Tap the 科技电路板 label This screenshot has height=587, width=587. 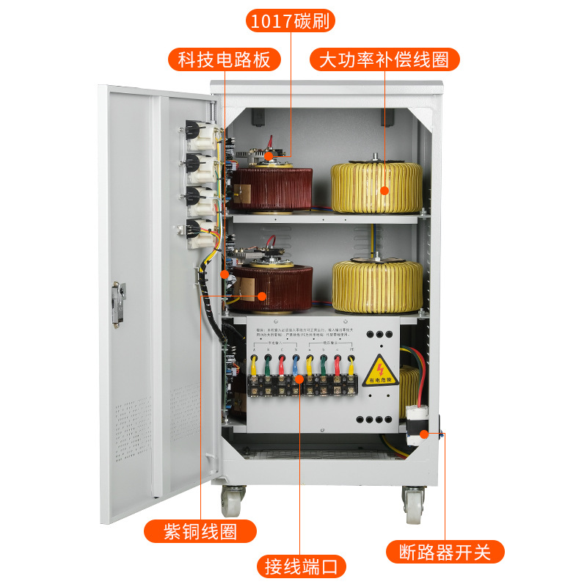pos(225,59)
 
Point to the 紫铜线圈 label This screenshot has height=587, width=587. pos(200,531)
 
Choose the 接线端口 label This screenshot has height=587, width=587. pos(301,566)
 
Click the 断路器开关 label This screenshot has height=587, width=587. pos(444,551)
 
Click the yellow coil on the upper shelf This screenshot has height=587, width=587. pos(376,187)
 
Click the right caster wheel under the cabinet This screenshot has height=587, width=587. pos(414,503)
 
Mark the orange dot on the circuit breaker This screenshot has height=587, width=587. pos(423,434)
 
